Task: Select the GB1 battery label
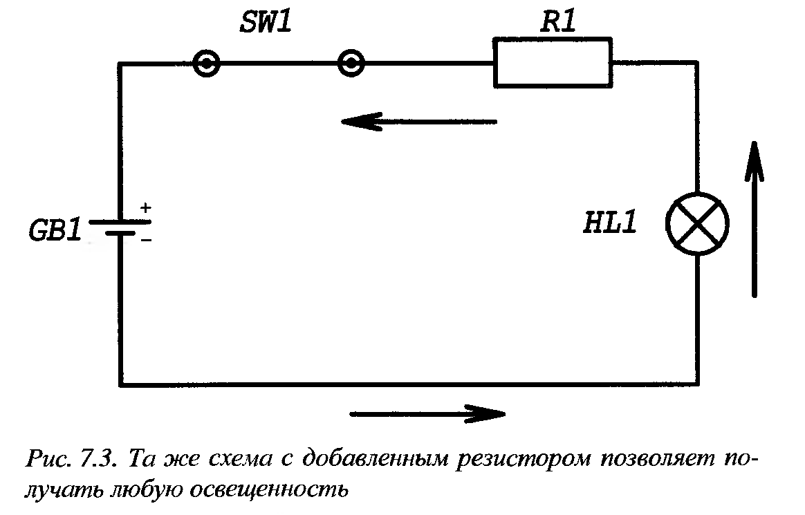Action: tap(55, 230)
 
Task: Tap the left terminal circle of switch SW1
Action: tap(206, 64)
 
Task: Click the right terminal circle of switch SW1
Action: tap(351, 64)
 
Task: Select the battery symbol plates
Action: tap(119, 228)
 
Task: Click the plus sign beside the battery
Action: tap(145, 207)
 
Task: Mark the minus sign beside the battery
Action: tap(145, 240)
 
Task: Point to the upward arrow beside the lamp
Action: tap(755, 218)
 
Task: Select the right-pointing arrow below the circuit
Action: tap(427, 414)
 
